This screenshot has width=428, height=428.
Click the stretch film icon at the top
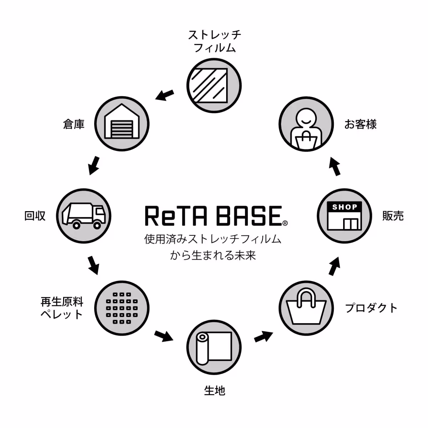click(214, 86)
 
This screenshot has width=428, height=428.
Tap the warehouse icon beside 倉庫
click(122, 124)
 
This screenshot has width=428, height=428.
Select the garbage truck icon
click(84, 215)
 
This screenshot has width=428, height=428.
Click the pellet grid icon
click(122, 308)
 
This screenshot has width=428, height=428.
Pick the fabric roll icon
click(214, 347)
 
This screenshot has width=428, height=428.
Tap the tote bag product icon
click(306, 308)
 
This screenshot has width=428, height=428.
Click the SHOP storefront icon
click(344, 215)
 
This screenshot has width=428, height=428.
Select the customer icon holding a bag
click(306, 124)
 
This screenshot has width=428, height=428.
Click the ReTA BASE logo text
click(213, 216)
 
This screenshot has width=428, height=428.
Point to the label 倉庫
click(74, 124)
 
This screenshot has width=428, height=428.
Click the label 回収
click(35, 216)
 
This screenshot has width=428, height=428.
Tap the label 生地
click(214, 391)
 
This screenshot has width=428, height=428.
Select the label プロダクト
click(371, 308)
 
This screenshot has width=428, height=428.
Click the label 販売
click(393, 216)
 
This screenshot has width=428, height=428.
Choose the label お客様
click(360, 124)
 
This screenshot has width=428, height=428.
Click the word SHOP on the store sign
click(344, 207)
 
